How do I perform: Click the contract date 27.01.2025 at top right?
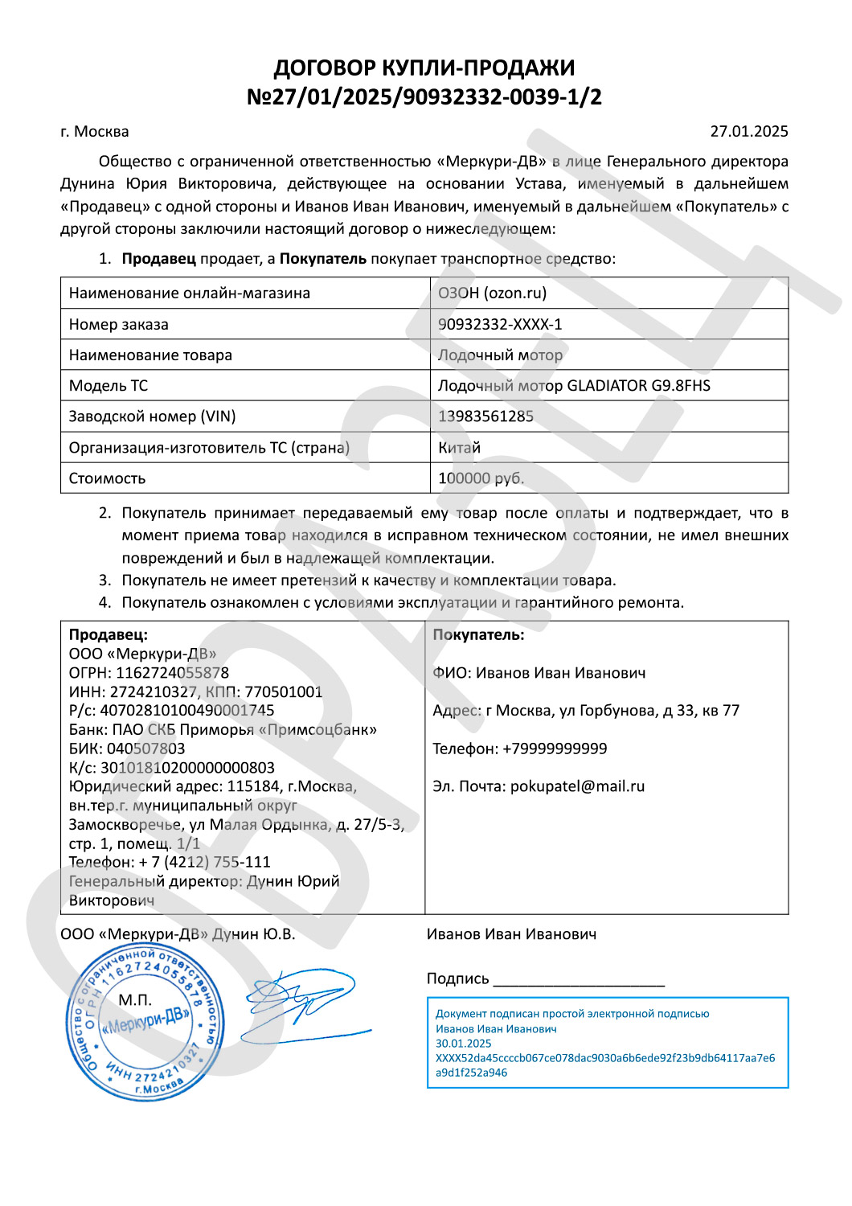coord(748,131)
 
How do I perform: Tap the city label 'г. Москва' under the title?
coord(95,131)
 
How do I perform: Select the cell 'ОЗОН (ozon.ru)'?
coord(492,293)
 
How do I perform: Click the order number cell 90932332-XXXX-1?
coord(500,324)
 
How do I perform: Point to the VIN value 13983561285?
coord(485,416)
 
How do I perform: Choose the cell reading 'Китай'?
coord(459,448)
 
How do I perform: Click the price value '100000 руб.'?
coord(481,478)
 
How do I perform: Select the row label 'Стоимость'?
coord(107,478)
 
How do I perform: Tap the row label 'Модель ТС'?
coord(109,386)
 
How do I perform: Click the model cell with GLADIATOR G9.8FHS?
coord(574,386)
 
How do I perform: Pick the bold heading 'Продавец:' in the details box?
coord(109,634)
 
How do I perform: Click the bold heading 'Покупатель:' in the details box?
coord(478,634)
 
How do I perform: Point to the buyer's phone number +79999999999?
coord(555,749)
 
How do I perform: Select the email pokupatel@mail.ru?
coord(577,786)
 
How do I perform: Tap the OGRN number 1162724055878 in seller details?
coord(172,673)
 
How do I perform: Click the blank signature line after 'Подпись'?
coord(579,981)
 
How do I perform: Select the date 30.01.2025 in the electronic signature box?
coord(463,1044)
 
